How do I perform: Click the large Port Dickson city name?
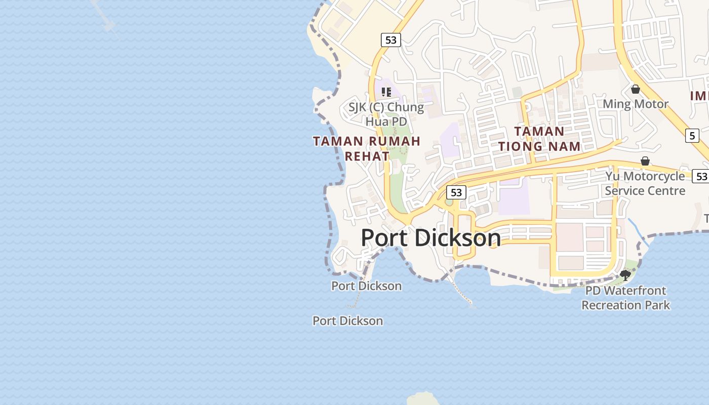point(430,238)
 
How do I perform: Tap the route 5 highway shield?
point(692,136)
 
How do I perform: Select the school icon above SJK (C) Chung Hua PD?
point(386,92)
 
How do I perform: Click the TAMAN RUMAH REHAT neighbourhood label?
point(367,148)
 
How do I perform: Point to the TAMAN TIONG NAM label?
point(539,139)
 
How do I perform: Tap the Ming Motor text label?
point(635,104)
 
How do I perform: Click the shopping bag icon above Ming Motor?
point(635,90)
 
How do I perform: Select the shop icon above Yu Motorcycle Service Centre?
point(645,161)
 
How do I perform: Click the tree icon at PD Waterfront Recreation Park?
point(625,275)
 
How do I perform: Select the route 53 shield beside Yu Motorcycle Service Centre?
point(701,176)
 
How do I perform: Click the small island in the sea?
point(423,399)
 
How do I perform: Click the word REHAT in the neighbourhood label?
point(367,156)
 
